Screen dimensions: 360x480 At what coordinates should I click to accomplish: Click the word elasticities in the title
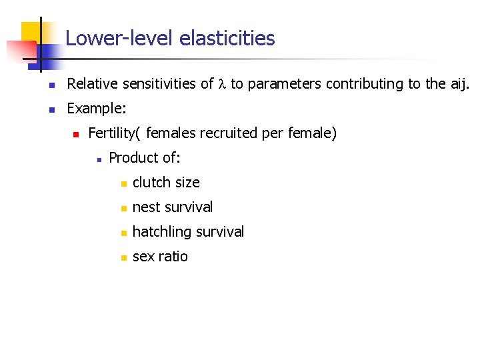coord(227,39)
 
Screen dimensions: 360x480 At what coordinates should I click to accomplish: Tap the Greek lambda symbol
coord(223,84)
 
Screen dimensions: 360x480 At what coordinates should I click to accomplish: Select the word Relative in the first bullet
coord(93,84)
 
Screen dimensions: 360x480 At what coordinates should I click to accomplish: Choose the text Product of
coord(145,158)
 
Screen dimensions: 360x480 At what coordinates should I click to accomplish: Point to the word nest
coord(145,207)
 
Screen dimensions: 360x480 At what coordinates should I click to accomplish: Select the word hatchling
coord(160,232)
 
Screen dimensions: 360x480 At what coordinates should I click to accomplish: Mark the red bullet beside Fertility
coord(76,134)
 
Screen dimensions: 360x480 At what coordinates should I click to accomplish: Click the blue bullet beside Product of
coord(97,159)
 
